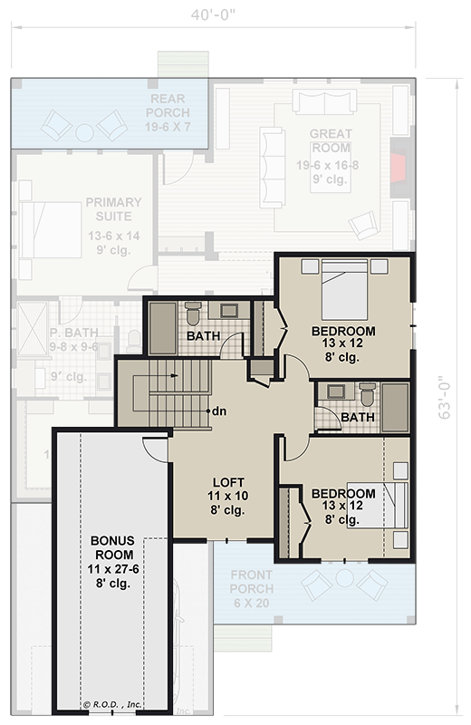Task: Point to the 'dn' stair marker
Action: coord(218,411)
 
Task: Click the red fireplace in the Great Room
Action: coord(398,169)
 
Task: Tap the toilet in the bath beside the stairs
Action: coord(192,316)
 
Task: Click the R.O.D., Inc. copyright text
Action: coord(113,703)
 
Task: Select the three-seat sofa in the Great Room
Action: coord(271,156)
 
